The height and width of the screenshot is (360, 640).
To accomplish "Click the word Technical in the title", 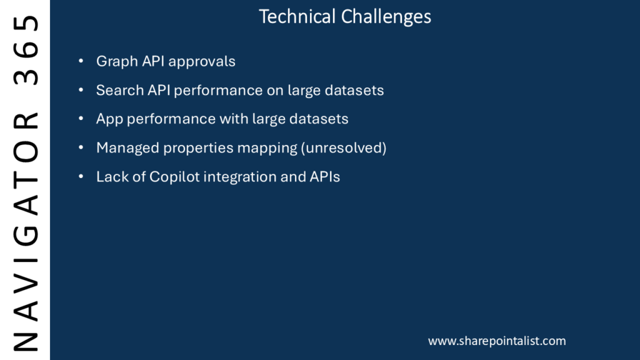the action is [x=297, y=17].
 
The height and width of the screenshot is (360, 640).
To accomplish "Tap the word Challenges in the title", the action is [x=386, y=17].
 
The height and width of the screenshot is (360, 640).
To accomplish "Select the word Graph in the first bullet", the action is [x=117, y=62].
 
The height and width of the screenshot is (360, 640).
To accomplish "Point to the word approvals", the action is [x=202, y=62].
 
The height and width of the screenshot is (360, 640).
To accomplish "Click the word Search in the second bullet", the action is [x=119, y=90].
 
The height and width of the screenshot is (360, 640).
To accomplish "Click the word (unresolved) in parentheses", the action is [x=344, y=147].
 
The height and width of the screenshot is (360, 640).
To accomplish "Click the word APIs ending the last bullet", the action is [x=325, y=177].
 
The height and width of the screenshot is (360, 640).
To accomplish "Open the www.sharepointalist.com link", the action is [x=497, y=341].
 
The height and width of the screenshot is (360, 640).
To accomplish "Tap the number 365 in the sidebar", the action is [x=26, y=50].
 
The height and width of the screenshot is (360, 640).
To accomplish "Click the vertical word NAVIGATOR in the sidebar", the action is [x=26, y=231].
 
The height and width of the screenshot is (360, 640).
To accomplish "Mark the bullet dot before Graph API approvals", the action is [x=81, y=61].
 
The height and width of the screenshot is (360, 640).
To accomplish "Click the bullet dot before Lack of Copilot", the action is [x=81, y=177].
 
